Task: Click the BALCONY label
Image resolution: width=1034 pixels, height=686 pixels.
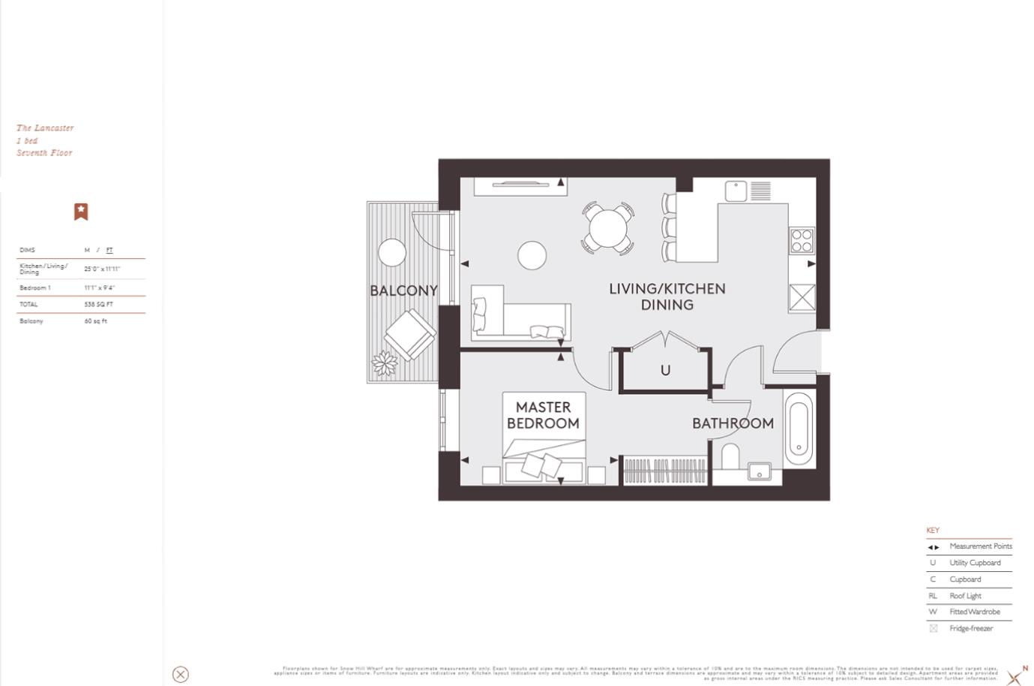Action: pos(403,290)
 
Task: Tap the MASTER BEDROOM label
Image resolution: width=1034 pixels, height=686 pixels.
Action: pos(543,415)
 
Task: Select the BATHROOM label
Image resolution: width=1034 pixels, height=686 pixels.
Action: pos(733,423)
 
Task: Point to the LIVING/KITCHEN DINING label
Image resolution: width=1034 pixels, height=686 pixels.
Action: pos(667,296)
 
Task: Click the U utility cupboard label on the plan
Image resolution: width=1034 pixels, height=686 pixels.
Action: pos(665,370)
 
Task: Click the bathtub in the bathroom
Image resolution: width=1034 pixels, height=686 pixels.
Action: pos(799,429)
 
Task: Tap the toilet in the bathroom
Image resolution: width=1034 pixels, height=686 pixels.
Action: pos(729,456)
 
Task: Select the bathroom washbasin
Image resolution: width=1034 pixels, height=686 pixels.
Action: pos(759,472)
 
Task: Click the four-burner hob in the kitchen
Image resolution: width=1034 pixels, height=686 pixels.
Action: pos(802,240)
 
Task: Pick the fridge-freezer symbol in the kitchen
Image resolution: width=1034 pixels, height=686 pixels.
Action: pos(802,298)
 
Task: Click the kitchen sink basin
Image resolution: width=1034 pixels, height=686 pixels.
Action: pos(736,191)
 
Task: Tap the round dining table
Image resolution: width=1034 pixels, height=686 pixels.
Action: pos(608,227)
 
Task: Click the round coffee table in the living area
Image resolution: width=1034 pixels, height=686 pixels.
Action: pos(532,255)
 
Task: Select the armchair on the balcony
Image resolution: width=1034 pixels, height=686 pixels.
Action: pos(409,335)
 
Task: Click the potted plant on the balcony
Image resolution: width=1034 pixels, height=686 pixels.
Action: pos(385,364)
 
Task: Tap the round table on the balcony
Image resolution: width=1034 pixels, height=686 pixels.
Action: pos(392,252)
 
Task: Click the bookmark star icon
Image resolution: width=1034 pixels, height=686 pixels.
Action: pos(81,212)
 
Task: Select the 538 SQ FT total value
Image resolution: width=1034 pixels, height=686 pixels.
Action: pos(98,305)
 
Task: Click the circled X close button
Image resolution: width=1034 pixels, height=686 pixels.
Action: pos(181,674)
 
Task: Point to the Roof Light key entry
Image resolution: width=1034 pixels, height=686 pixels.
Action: pos(965,596)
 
